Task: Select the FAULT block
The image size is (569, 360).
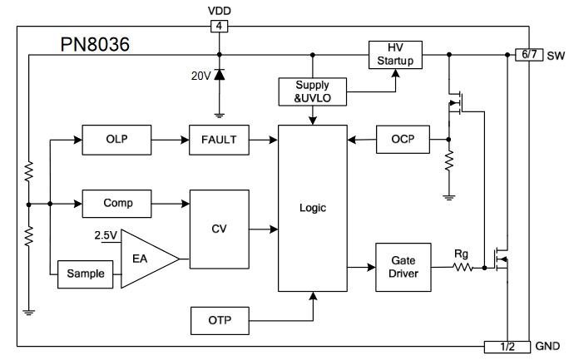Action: coord(219,141)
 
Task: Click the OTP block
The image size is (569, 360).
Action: coord(219,318)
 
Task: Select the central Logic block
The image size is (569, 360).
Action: coord(313,208)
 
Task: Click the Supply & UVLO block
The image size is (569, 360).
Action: coord(313,91)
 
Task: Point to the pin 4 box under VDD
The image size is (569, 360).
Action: coord(219,27)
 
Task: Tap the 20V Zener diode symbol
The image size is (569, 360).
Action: coord(220,76)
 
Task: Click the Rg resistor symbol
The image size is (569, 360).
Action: coord(463,268)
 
